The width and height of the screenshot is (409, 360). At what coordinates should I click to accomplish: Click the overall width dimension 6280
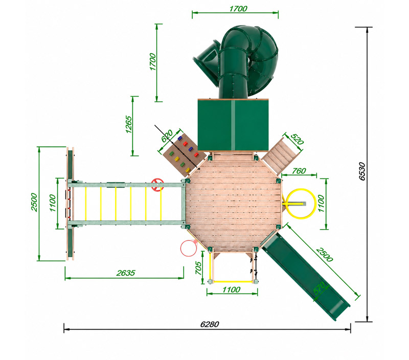click(x=210, y=324)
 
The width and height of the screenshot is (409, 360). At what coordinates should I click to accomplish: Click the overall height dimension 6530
click(x=362, y=171)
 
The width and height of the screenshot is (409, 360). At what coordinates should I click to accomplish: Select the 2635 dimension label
click(x=126, y=273)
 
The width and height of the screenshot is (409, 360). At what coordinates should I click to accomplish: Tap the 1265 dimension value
click(x=129, y=124)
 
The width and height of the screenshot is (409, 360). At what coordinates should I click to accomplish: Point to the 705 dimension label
click(x=198, y=268)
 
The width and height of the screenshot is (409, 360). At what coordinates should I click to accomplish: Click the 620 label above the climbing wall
click(x=167, y=136)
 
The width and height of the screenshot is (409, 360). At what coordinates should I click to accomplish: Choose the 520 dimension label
click(x=297, y=140)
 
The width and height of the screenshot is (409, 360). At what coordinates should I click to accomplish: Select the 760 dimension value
click(x=299, y=171)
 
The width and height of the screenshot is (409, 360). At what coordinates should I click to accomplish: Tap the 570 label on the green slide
click(x=320, y=288)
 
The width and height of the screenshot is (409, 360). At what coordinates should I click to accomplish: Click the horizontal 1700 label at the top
click(x=238, y=9)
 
